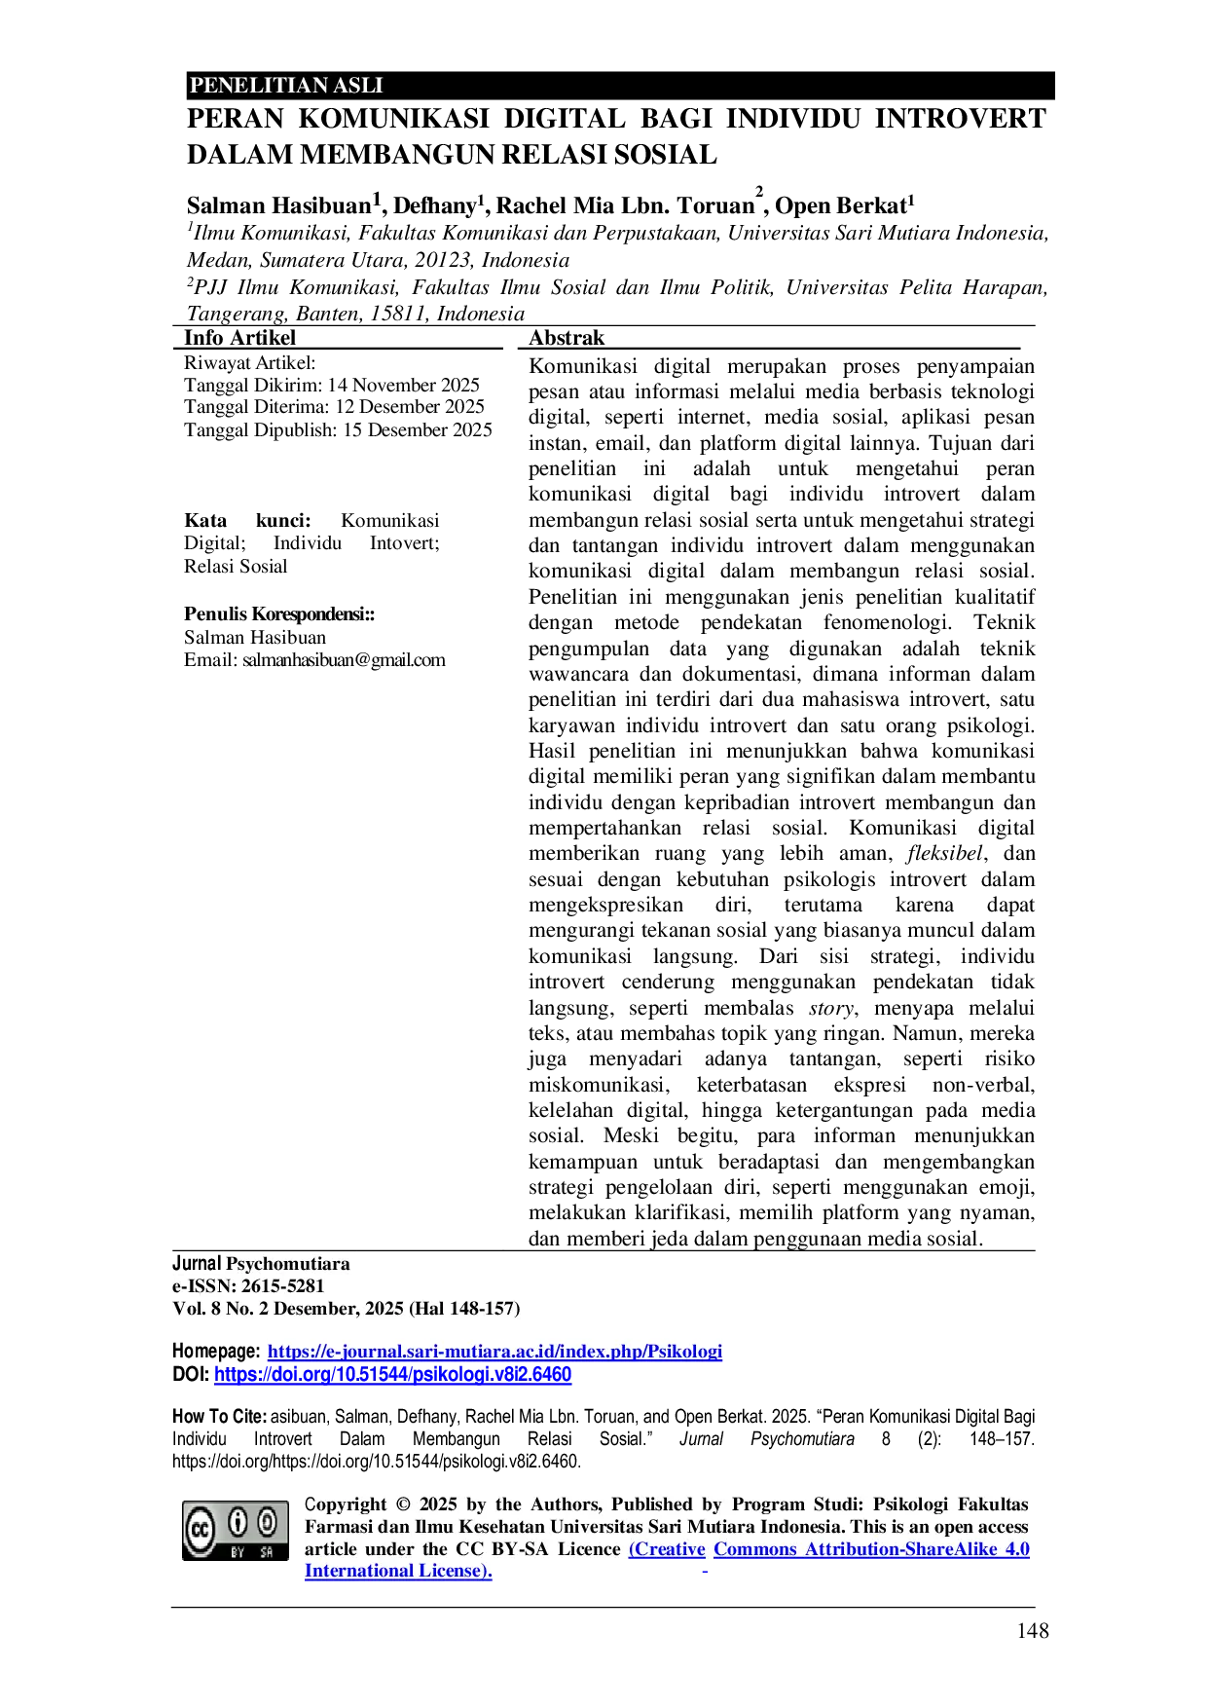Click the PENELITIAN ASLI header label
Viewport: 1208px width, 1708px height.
(286, 86)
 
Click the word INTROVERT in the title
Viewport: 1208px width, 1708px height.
(960, 119)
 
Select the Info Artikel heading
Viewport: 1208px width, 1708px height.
(239, 338)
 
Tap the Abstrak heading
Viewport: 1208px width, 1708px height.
(567, 338)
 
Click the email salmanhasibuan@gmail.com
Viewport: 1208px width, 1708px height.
(344, 660)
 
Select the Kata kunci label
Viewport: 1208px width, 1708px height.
(247, 520)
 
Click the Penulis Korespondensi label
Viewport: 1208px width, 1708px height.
(279, 614)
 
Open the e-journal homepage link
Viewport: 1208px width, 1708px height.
(494, 1352)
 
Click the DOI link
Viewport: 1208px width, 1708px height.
(392, 1375)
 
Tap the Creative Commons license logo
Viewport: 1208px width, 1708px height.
(236, 1531)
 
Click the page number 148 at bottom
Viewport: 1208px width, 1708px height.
(1033, 1631)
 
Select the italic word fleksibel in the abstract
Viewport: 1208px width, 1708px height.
(945, 854)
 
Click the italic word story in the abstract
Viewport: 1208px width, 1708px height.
(831, 1009)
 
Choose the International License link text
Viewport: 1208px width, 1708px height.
(398, 1571)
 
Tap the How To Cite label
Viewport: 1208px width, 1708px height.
(219, 1417)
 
